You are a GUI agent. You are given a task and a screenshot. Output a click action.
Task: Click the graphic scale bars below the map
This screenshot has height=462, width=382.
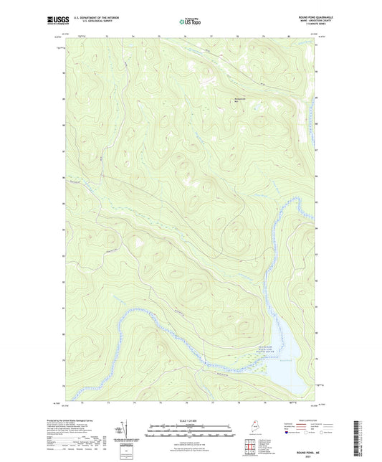[x=183, y=432]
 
